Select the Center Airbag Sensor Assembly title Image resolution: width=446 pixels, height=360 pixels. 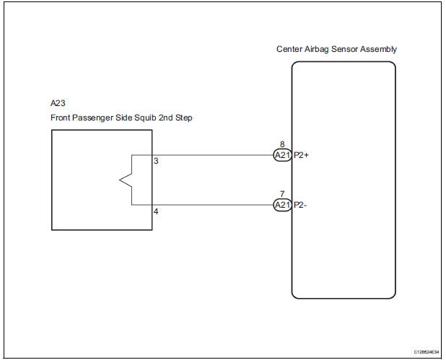(336, 49)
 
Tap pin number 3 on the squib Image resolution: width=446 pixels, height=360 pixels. (156, 161)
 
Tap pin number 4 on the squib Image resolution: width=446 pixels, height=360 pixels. (156, 212)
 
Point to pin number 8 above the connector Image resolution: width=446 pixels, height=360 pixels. (282, 144)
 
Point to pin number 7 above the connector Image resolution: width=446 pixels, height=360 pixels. (282, 195)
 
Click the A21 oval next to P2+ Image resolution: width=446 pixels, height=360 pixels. (281, 155)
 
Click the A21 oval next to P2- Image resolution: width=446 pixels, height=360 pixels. (281, 205)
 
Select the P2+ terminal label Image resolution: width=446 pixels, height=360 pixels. (301, 155)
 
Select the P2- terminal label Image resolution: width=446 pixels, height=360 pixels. (300, 205)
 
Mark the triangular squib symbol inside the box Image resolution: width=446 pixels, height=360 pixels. (124, 180)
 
